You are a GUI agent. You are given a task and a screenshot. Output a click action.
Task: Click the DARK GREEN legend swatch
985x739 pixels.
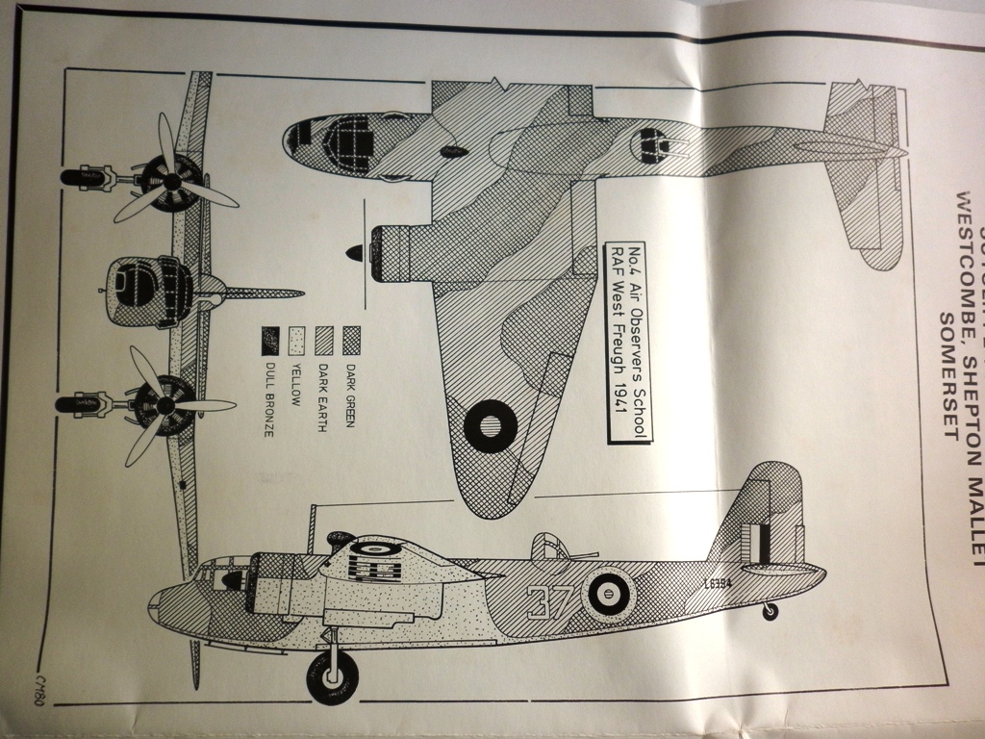pos(352,340)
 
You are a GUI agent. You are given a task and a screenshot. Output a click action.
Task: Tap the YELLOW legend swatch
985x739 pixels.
pos(297,340)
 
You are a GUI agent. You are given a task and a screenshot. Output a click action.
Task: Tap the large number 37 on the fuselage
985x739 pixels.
pos(549,602)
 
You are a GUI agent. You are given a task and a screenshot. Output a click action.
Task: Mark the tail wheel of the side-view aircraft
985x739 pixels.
pos(770,611)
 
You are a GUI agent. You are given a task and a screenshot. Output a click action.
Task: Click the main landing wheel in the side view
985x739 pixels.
pos(333,677)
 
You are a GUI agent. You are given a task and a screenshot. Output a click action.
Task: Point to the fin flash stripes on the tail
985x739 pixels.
pos(761,543)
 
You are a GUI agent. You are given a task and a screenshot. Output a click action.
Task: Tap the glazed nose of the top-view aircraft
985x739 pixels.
pos(327,144)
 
